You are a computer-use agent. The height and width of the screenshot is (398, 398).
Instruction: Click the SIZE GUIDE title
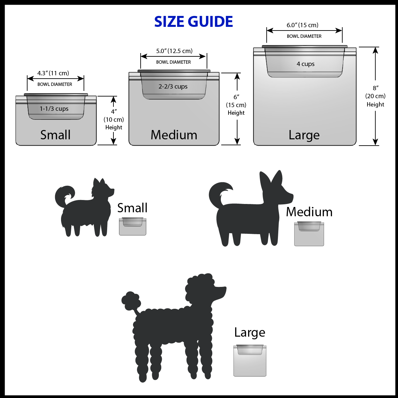click(x=193, y=22)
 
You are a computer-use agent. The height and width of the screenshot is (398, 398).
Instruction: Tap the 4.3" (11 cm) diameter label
click(x=53, y=73)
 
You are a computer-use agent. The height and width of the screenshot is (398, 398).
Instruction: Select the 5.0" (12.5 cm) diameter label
click(x=174, y=51)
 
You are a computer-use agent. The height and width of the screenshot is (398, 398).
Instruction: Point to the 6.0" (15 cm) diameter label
click(x=302, y=25)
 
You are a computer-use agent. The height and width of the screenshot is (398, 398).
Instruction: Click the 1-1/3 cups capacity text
click(x=54, y=109)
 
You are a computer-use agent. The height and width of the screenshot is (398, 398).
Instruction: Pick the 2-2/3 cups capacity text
click(x=173, y=87)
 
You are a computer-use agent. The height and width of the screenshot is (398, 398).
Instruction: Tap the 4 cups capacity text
click(x=305, y=64)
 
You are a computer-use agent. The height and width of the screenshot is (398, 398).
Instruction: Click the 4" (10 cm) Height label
click(x=114, y=119)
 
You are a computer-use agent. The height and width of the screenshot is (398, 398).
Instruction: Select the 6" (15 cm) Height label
click(x=236, y=105)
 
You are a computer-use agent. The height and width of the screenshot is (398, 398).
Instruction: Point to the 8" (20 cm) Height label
click(x=375, y=96)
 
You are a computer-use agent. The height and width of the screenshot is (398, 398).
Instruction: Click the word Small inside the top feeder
click(x=55, y=135)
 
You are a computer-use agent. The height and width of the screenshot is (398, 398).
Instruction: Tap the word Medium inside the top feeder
click(x=174, y=135)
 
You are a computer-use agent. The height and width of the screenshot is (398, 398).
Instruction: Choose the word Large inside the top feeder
click(x=304, y=135)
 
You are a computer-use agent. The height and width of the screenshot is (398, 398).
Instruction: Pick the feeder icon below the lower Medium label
click(x=309, y=233)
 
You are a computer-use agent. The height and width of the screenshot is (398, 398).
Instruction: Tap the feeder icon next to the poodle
click(x=250, y=360)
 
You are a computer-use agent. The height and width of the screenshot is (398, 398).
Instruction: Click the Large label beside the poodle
click(x=250, y=332)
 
